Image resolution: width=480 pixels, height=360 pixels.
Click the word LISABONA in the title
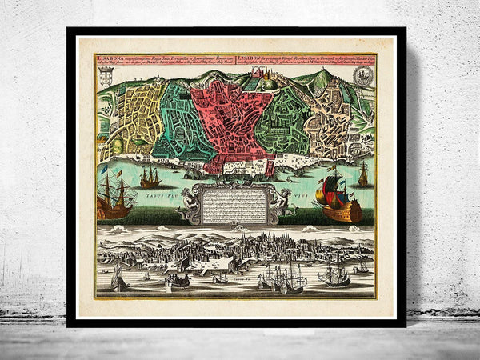click(109, 58)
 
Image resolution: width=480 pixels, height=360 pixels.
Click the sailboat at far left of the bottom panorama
click(118, 279)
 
